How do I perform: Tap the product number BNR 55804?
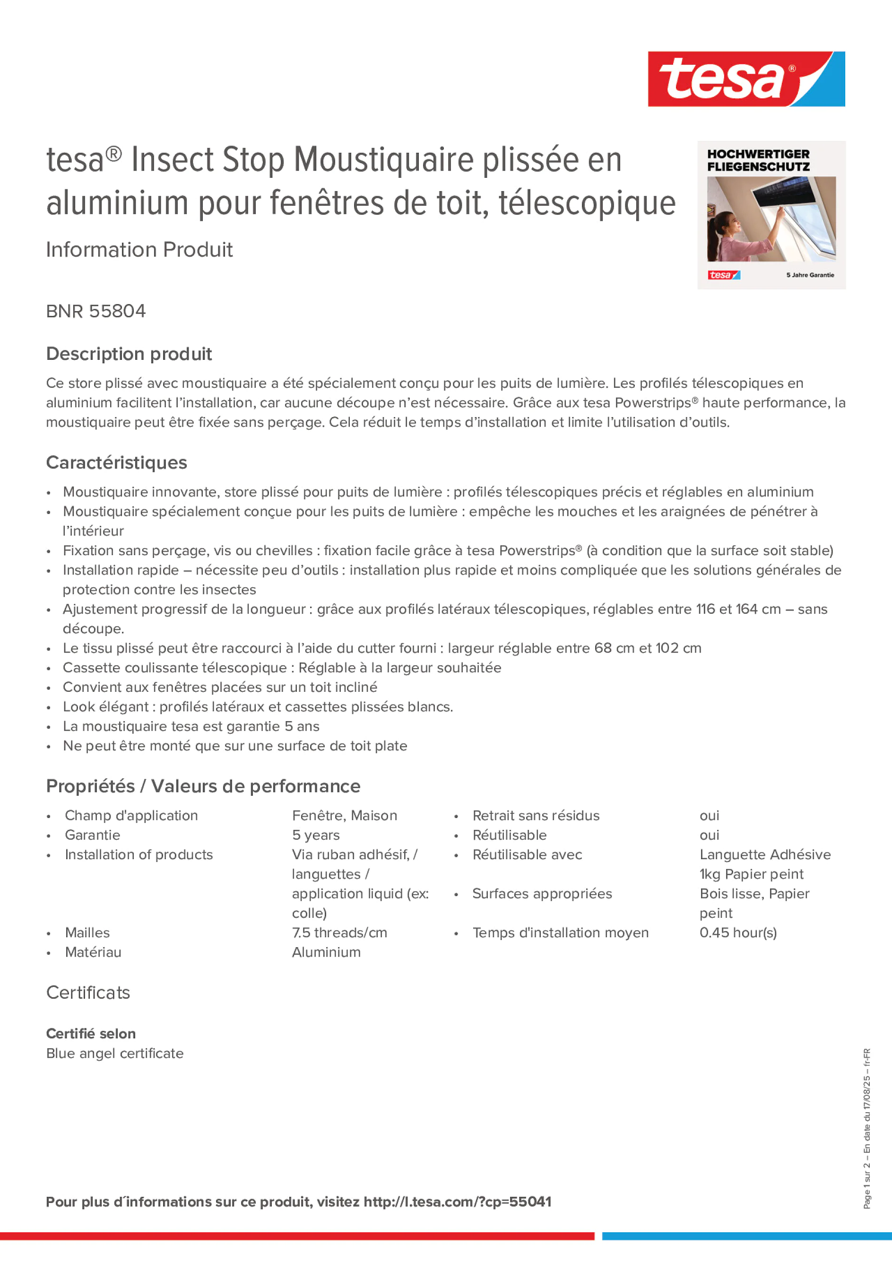coord(95,311)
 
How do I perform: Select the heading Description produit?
coord(129,354)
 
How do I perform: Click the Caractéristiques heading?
coord(117,462)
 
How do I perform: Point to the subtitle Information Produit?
coord(139,250)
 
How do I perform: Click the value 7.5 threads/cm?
coord(339,932)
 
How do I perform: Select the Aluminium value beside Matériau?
coord(326,952)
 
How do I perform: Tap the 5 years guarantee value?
coord(316,835)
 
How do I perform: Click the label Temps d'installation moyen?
coord(560,932)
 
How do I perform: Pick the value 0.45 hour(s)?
coord(738,932)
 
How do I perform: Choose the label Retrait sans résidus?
coord(536,815)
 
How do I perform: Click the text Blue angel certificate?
coord(115,1054)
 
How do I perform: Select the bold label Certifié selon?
coord(91,1034)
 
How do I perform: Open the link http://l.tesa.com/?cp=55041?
coord(457,1202)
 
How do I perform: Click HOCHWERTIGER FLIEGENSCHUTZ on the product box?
coord(758,160)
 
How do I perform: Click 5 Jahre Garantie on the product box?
coord(809,275)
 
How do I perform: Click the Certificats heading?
coord(88,993)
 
